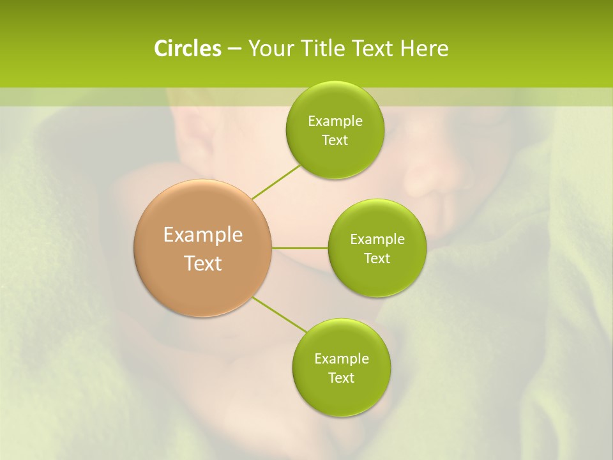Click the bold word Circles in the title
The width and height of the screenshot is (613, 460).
pyautogui.click(x=187, y=49)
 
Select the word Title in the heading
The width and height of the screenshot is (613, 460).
pyautogui.click(x=324, y=49)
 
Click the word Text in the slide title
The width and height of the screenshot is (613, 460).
pyautogui.click(x=374, y=49)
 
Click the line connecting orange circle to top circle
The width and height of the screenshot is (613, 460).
pyautogui.click(x=276, y=182)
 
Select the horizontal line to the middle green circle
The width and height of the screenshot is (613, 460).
pyautogui.click(x=299, y=248)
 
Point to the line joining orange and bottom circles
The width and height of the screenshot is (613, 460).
pyautogui.click(x=280, y=314)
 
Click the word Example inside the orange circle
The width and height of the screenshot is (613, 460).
pyautogui.click(x=203, y=235)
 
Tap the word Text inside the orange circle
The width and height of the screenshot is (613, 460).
pyautogui.click(x=203, y=263)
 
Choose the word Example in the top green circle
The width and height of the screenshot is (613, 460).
pyautogui.click(x=335, y=121)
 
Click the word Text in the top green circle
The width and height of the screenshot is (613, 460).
pyautogui.click(x=335, y=141)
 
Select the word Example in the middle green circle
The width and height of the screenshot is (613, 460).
pyautogui.click(x=377, y=240)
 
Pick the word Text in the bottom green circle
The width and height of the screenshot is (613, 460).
pyautogui.click(x=341, y=378)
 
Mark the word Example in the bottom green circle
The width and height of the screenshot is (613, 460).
pyautogui.click(x=341, y=359)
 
